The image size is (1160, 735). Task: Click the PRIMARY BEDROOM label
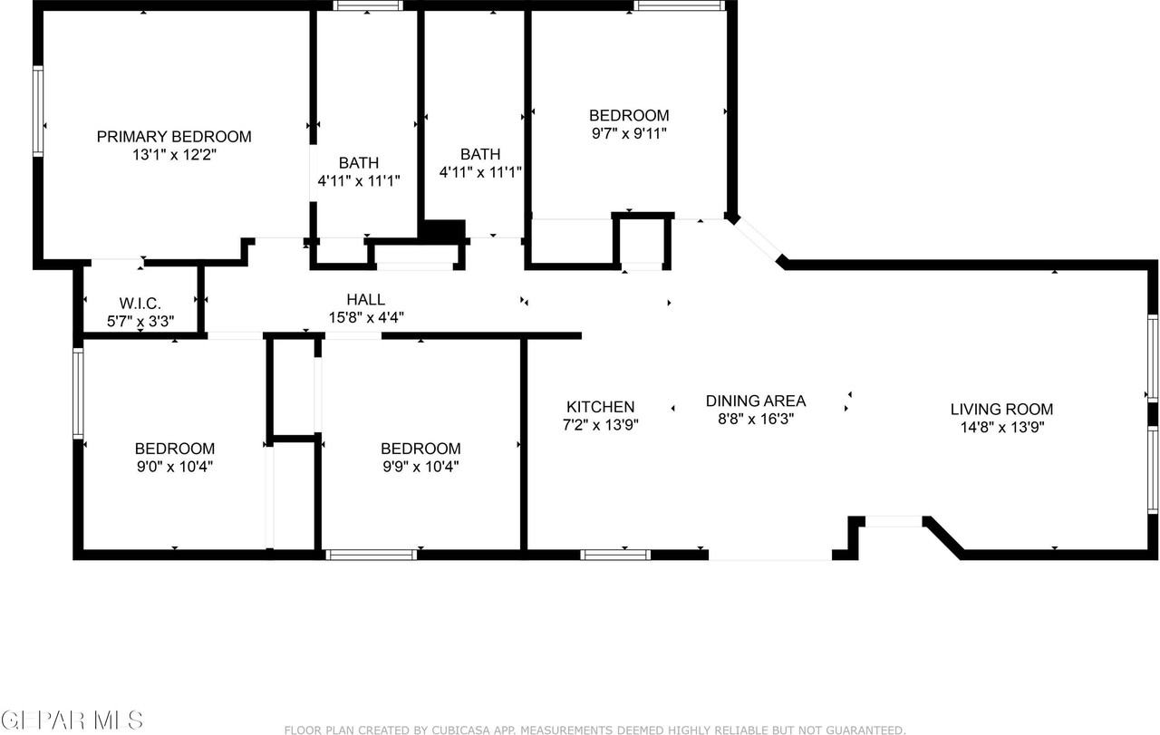(174, 137)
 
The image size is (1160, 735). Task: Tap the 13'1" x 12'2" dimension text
(174, 155)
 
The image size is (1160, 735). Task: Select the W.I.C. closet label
(140, 303)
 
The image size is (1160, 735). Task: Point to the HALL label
(365, 299)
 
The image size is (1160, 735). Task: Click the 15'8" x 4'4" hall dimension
(365, 317)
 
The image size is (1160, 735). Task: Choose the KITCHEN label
(600, 407)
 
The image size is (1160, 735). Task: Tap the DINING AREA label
(756, 401)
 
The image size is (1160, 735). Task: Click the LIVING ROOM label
(1001, 410)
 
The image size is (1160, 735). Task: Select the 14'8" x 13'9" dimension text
(1001, 428)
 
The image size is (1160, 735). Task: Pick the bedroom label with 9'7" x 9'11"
(629, 115)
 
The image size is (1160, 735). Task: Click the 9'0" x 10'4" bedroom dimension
(174, 467)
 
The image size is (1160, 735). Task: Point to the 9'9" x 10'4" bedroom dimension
(420, 467)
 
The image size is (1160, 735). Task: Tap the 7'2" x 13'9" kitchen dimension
(600, 424)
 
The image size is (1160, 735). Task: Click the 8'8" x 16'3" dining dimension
(756, 419)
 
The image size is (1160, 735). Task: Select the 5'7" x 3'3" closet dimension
(140, 320)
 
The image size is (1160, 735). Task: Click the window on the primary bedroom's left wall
(38, 111)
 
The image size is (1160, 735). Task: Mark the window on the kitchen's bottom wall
(615, 555)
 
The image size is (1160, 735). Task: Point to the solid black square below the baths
(444, 230)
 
